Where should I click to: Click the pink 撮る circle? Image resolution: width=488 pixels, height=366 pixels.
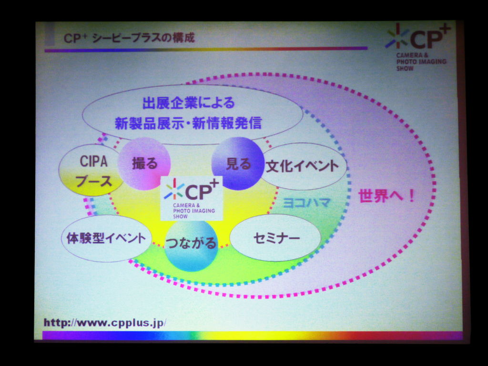click(144, 163)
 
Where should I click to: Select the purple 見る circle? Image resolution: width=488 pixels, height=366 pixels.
click(238, 163)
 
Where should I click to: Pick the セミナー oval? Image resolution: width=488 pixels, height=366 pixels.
click(275, 238)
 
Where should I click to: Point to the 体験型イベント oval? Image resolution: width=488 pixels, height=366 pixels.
click(106, 238)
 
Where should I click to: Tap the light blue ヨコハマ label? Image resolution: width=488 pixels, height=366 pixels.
click(306, 203)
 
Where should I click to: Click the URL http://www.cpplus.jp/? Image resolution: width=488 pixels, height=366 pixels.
click(105, 323)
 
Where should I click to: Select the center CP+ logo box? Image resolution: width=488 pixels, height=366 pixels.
click(192, 198)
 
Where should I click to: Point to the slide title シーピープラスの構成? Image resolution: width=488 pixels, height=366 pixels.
click(143, 38)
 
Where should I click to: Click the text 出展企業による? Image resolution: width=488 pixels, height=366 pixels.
click(188, 103)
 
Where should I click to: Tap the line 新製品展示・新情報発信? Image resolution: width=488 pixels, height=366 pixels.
click(188, 123)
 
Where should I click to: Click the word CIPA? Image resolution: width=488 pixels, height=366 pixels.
click(94, 161)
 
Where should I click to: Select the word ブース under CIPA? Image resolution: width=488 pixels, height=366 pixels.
click(94, 181)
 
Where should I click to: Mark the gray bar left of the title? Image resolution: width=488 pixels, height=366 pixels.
click(50, 34)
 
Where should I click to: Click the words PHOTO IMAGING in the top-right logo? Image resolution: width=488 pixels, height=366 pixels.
click(421, 61)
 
